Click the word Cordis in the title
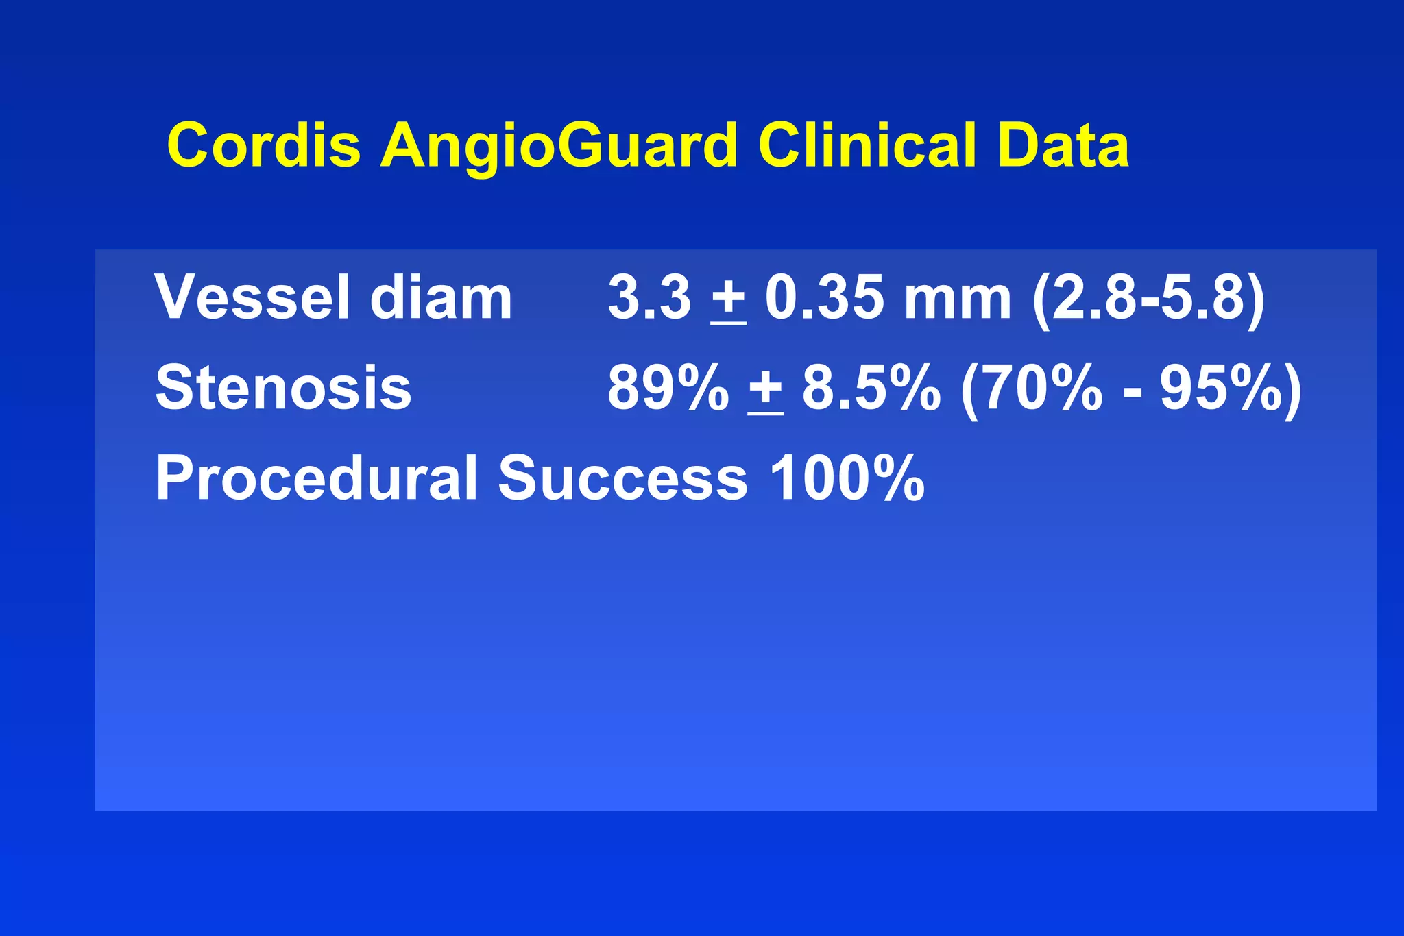pos(264,145)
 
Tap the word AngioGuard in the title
pos(559,145)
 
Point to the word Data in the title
pos(1063,145)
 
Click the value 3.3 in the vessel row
pos(649,297)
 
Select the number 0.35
pos(824,297)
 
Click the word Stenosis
pos(283,388)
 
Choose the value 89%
pos(668,388)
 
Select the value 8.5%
pos(871,388)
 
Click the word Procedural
pos(316,478)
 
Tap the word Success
pos(622,478)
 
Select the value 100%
pos(847,478)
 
